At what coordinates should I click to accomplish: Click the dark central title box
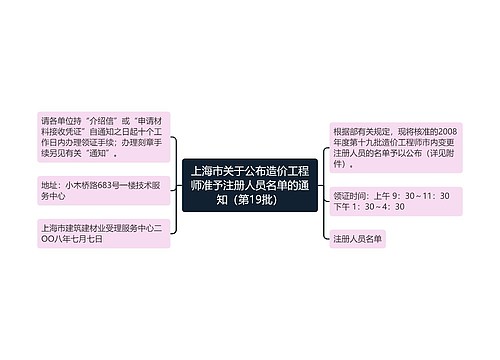pos(249,183)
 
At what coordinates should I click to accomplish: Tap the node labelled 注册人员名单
pos(358,240)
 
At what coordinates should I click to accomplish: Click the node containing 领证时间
pos(393,200)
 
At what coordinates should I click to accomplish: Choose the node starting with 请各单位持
pos(104,136)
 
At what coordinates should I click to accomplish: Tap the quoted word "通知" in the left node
pos(105,155)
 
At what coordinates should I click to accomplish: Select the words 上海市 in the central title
pos(207,166)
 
